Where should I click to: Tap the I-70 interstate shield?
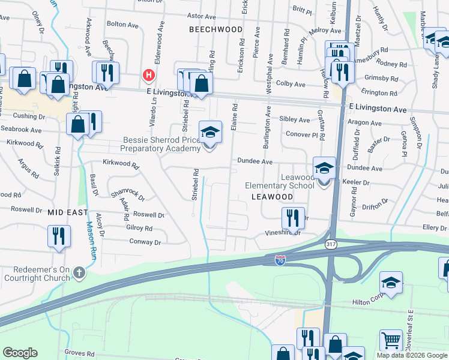280,260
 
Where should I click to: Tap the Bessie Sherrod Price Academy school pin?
210,133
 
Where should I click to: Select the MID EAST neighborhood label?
68,212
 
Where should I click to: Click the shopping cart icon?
391,341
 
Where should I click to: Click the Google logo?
20,353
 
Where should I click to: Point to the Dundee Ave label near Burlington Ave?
255,161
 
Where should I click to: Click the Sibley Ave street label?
295,120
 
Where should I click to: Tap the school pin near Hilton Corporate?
390,283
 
